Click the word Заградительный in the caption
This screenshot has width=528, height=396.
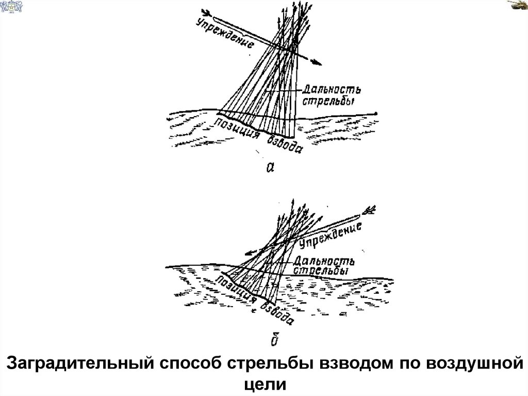point(77,364)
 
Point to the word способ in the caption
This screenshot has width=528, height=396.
point(190,364)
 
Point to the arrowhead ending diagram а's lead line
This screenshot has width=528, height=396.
point(316,62)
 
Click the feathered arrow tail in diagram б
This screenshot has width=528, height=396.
point(370,210)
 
